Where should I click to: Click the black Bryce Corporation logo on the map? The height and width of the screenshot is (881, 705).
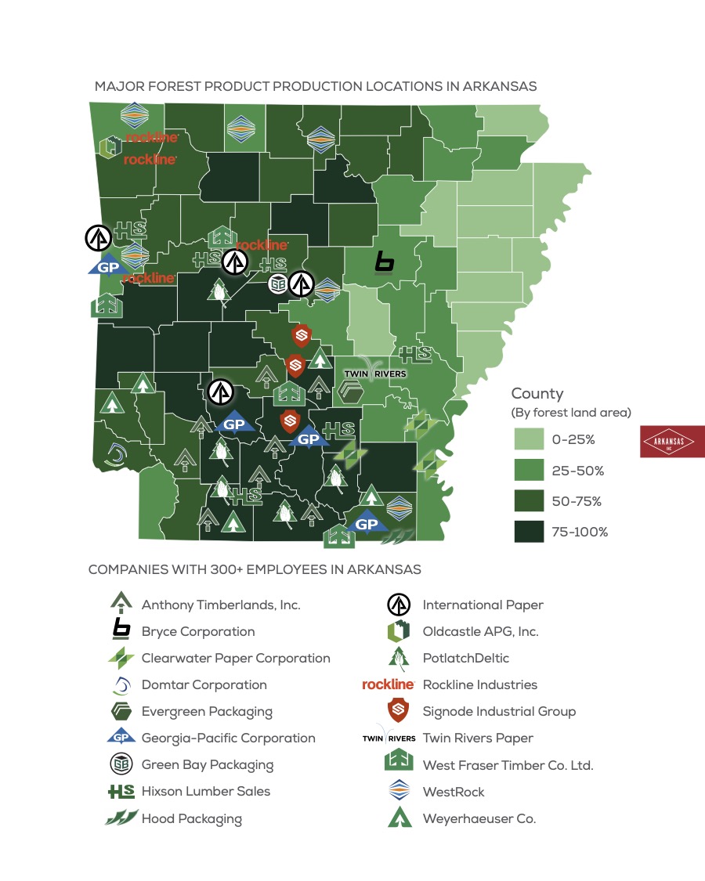pyautogui.click(x=384, y=263)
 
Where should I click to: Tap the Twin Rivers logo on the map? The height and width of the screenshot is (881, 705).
pyautogui.click(x=376, y=370)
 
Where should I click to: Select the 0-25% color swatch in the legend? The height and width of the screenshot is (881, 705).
pyautogui.click(x=528, y=440)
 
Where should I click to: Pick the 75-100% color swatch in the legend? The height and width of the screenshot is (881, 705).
pyautogui.click(x=528, y=532)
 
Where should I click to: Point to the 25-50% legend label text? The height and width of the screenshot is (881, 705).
pyautogui.click(x=577, y=471)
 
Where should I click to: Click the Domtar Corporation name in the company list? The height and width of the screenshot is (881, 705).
pyautogui.click(x=204, y=684)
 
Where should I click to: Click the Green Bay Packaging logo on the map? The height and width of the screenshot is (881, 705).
pyautogui.click(x=277, y=283)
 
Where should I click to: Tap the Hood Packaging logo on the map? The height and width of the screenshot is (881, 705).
pyautogui.click(x=402, y=536)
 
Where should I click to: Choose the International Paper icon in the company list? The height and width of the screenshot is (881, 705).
pyautogui.click(x=399, y=605)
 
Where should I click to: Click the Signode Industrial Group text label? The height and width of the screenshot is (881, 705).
pyautogui.click(x=499, y=711)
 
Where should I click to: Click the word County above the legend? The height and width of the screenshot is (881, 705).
pyautogui.click(x=537, y=394)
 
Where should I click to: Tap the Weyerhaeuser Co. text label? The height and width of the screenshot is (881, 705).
pyautogui.click(x=479, y=818)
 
